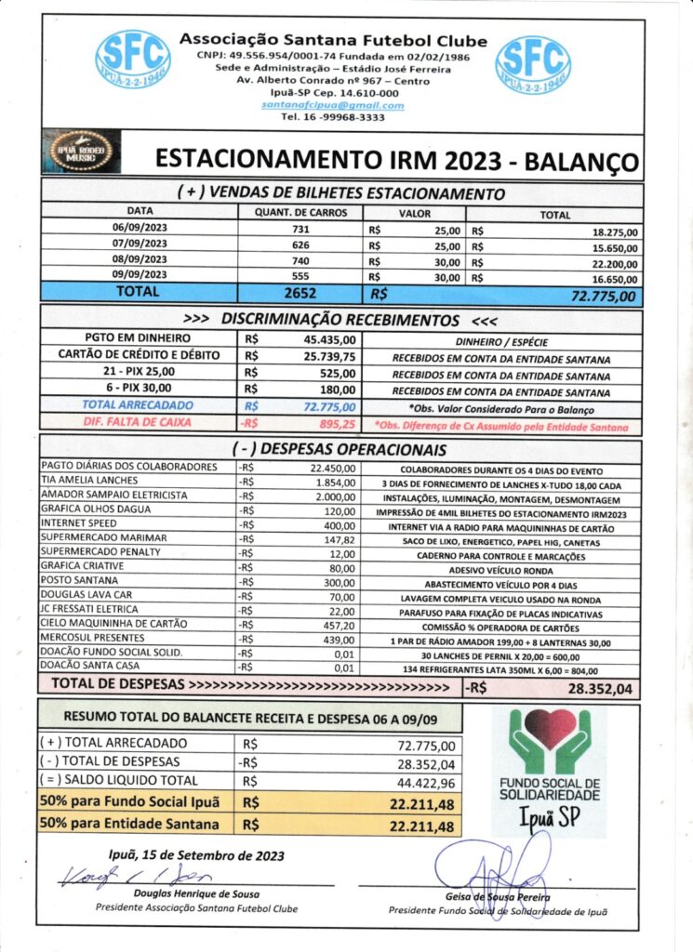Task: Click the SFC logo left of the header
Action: [133, 60]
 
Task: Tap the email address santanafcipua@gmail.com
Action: [332, 106]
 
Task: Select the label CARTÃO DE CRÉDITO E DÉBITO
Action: [139, 356]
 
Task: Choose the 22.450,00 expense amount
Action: [333, 467]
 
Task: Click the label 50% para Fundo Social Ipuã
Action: [129, 802]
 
